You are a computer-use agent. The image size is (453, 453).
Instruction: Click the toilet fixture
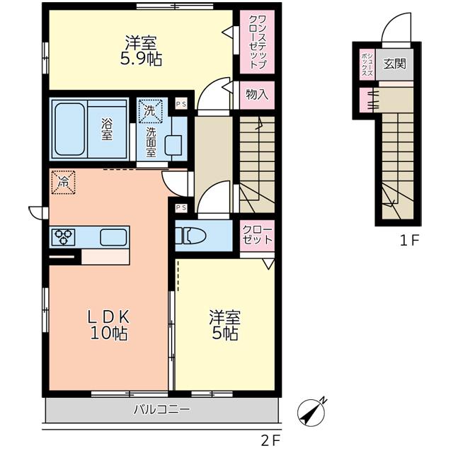click(190, 236)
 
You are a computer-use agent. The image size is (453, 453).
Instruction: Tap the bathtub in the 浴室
click(69, 129)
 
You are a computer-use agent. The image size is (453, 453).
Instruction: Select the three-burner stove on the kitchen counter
click(63, 237)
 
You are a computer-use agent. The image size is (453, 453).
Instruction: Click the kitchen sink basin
click(113, 237)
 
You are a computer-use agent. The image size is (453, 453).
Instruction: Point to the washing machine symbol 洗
click(149, 110)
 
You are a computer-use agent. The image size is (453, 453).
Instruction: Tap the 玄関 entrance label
click(394, 64)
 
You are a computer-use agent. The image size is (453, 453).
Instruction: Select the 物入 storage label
click(257, 94)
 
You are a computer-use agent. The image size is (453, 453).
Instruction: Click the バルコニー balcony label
click(162, 409)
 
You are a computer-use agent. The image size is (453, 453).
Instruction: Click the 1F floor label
click(409, 241)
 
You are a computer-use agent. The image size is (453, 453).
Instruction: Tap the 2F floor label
click(270, 440)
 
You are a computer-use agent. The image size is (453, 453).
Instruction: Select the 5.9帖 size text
click(141, 59)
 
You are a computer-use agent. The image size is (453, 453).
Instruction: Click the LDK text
click(108, 318)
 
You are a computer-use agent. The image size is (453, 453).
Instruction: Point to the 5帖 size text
click(225, 333)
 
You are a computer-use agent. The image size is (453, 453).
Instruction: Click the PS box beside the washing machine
click(181, 104)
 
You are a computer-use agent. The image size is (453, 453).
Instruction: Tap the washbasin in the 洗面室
click(173, 145)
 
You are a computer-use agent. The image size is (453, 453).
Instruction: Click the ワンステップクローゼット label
click(257, 42)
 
